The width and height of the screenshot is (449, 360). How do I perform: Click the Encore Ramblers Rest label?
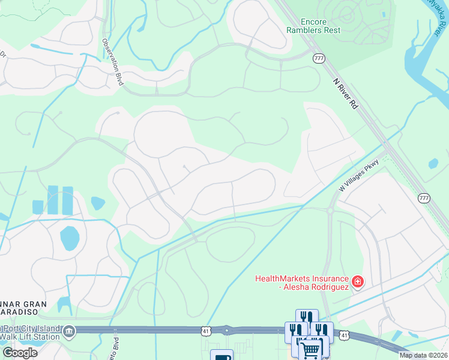click(313, 25)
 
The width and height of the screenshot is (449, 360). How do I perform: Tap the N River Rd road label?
click(346, 94)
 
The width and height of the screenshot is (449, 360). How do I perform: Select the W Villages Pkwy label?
click(360, 175)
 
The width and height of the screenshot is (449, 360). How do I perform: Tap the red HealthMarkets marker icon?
click(357, 281)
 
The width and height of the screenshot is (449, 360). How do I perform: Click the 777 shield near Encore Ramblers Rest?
click(318, 58)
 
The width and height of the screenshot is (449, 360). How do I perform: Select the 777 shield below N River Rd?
click(424, 198)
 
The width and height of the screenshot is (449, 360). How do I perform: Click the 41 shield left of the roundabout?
click(206, 331)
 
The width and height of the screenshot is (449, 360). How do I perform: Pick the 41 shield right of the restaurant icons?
click(343, 335)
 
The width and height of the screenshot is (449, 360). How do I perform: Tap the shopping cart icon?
click(310, 349)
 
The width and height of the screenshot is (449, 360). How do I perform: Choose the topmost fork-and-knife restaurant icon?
click(307, 317)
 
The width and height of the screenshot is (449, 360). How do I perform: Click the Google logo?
click(20, 353)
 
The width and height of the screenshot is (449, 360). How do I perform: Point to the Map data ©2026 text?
click(423, 355)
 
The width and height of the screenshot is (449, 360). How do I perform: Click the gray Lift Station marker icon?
click(70, 331)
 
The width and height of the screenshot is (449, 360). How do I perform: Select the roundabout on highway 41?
click(227, 330)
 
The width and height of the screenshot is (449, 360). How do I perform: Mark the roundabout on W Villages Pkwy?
click(330, 211)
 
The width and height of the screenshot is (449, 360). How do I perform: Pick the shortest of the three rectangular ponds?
click(38, 207)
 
